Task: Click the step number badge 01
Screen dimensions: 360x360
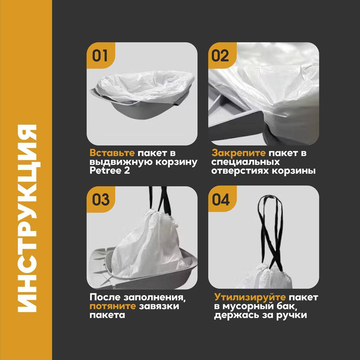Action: click(100, 55)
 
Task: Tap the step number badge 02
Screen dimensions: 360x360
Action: click(221, 55)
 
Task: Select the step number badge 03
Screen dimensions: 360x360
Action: click(100, 199)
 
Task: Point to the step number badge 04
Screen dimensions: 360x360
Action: click(221, 199)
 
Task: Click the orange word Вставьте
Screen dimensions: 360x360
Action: click(112, 153)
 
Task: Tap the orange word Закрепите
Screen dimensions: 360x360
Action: click(238, 153)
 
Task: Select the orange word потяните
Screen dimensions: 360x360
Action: click(113, 306)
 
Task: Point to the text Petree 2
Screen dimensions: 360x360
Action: click(109, 171)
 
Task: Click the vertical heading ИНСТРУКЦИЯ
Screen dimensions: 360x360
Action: click(27, 219)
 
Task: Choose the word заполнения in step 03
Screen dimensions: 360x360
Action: click(154, 298)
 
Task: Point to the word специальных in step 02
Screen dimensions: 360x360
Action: click(246, 162)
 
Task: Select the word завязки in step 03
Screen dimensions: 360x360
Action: click(159, 306)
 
